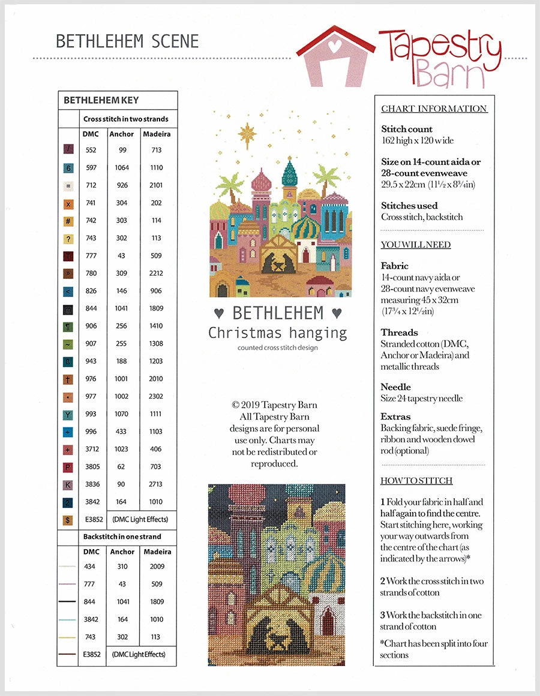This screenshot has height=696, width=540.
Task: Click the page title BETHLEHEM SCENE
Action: click(127, 41)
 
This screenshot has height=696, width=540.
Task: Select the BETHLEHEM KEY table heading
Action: click(101, 100)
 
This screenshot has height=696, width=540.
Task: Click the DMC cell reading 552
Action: click(91, 150)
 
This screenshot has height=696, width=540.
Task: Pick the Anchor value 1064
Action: click(122, 168)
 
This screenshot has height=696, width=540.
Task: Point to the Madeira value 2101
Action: click(157, 185)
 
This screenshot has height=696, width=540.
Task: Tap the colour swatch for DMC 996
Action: click(69, 432)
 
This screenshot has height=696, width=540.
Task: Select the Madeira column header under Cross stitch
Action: click(157, 134)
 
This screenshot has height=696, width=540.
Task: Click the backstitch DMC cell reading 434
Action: click(91, 567)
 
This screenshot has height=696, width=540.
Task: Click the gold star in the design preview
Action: click(247, 132)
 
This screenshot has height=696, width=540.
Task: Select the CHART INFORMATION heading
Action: click(434, 109)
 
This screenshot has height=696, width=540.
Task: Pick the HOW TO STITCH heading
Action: click(416, 481)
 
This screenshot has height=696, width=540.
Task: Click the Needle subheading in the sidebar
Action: click(396, 387)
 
